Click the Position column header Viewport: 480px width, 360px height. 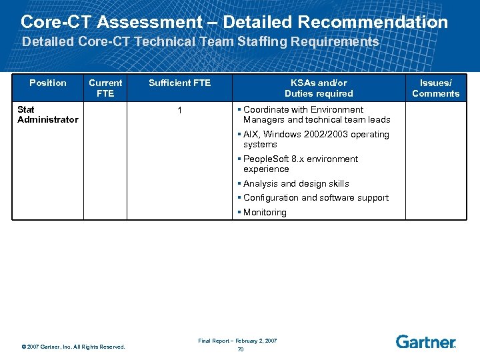[x=48, y=83]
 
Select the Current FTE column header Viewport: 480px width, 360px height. [x=105, y=88]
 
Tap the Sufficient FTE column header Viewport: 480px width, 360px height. [x=179, y=83]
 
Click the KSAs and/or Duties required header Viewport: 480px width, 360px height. [x=319, y=88]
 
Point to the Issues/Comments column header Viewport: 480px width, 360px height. [x=435, y=88]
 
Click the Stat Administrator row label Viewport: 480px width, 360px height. [x=47, y=115]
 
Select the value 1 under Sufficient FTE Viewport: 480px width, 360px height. [x=179, y=110]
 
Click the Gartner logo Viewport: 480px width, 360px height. [x=425, y=341]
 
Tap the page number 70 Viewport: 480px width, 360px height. [x=240, y=349]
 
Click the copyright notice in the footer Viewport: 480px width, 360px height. [x=73, y=347]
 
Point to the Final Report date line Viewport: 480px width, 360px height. [x=237, y=341]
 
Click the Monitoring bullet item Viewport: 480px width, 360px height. [x=265, y=213]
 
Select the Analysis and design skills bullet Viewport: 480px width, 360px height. [x=296, y=183]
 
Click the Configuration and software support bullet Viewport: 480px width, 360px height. [x=315, y=197]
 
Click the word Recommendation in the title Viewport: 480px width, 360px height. [x=373, y=22]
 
